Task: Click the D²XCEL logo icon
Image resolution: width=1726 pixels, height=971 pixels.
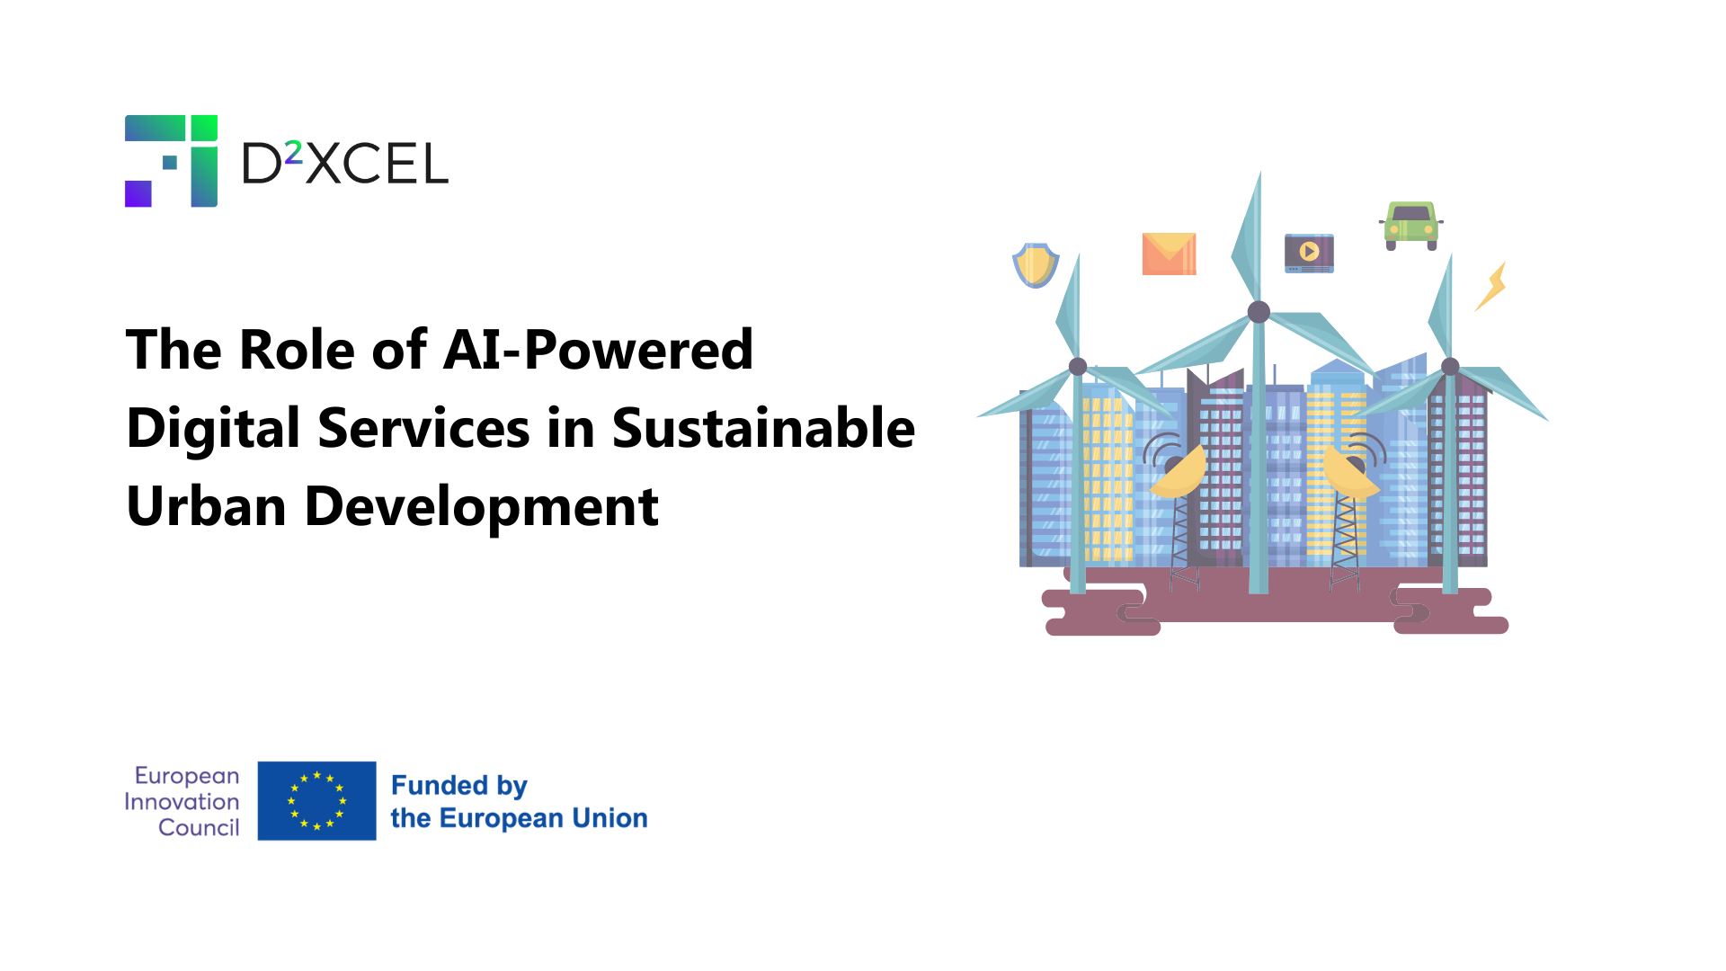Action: click(171, 161)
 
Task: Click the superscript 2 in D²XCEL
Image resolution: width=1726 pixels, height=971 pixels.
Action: click(294, 154)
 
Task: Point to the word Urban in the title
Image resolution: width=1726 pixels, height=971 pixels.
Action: click(207, 505)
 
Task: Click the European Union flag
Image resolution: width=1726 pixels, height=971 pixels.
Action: click(316, 801)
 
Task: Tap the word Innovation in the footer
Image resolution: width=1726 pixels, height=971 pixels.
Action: click(182, 801)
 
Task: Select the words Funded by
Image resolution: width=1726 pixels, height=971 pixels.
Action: click(458, 786)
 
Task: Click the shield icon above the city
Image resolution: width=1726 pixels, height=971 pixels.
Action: click(1036, 265)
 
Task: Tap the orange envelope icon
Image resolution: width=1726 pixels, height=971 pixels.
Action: click(1169, 254)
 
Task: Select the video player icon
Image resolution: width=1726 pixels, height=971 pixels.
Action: click(1309, 253)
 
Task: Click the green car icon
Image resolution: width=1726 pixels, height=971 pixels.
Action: click(1410, 225)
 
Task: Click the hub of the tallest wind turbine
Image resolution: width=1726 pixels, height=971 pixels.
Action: click(1259, 312)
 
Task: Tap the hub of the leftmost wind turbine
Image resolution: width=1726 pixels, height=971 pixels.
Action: click(1078, 366)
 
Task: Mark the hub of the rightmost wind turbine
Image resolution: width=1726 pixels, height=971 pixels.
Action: click(1450, 366)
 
